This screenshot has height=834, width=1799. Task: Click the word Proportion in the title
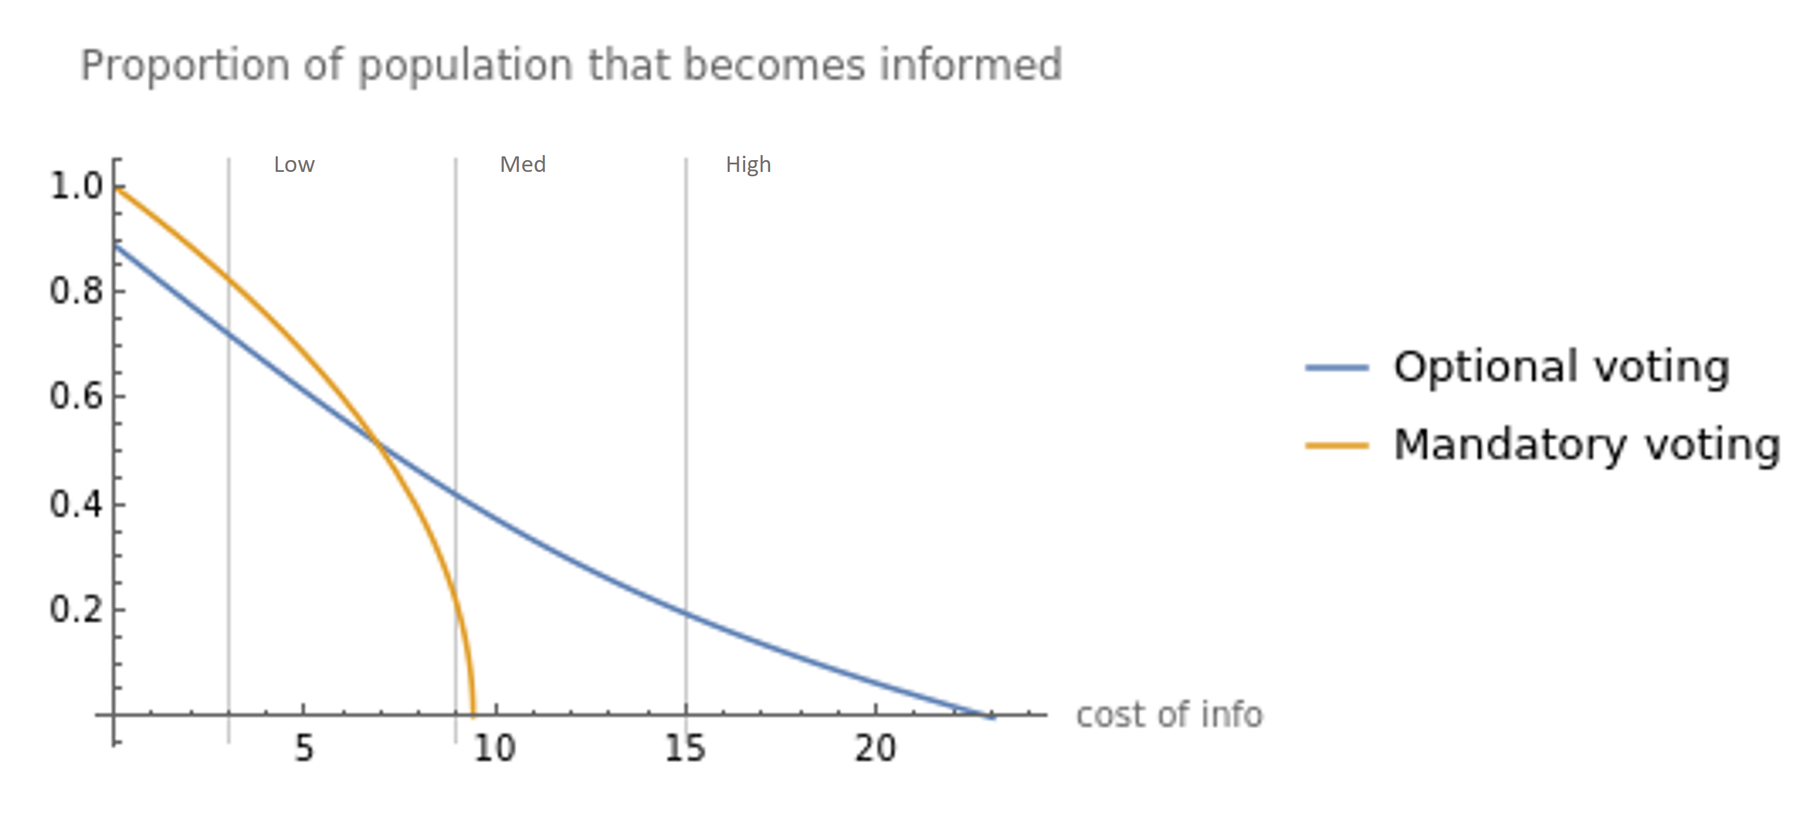pos(184,66)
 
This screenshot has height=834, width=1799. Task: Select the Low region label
pos(294,165)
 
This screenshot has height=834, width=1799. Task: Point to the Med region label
pos(523,165)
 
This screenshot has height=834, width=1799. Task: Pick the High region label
pos(748,165)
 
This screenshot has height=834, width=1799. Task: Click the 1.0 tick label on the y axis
pos(76,186)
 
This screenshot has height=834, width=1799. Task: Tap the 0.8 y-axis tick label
pos(76,291)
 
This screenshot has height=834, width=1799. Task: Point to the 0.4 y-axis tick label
pos(76,505)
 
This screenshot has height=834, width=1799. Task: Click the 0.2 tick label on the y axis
pos(76,610)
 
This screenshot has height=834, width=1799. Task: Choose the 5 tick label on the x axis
pos(304,749)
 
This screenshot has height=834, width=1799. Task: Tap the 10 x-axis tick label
pos(494,749)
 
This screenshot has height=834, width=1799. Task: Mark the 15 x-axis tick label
pos(684,749)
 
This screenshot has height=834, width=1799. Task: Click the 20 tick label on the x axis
pos(875,749)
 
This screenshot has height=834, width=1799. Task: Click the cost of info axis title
pos(1169,715)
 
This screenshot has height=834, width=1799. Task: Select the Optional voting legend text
pos(1561,368)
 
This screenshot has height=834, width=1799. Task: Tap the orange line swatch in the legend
pos(1336,446)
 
